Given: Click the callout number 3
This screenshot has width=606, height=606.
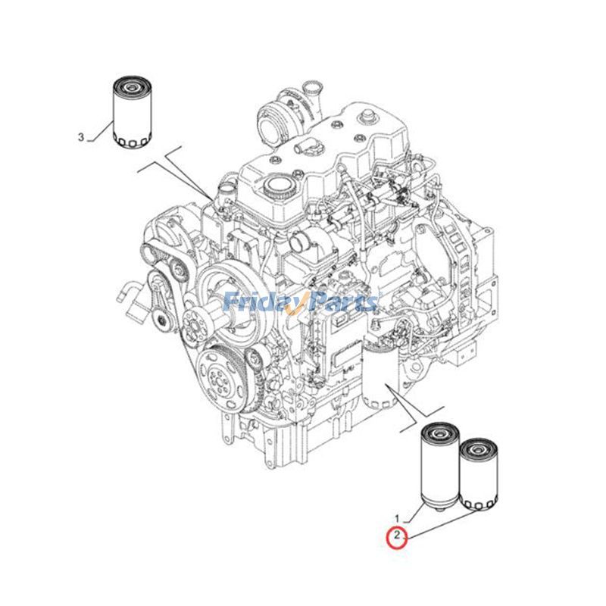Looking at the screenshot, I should point(81,137).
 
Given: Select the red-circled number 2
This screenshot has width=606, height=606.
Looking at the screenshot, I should point(395,538).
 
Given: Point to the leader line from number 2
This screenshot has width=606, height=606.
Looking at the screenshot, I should point(439,524).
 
